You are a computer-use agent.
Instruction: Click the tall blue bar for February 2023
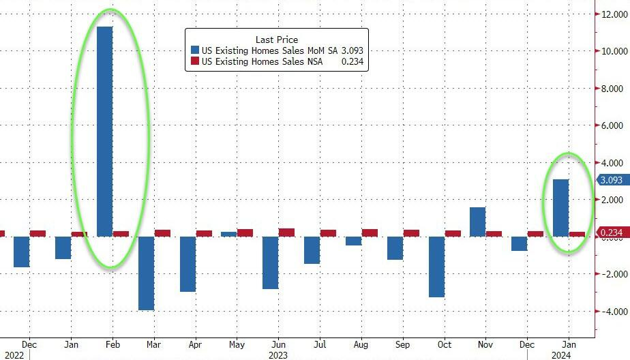105,132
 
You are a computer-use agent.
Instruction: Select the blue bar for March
147,273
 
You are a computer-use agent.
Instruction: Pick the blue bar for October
437,267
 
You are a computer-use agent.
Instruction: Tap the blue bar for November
478,222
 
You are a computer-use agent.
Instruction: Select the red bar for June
286,232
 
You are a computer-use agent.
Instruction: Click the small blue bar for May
229,235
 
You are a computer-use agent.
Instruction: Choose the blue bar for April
188,264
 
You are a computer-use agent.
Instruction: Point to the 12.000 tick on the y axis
612,14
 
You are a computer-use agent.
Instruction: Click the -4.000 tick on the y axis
612,311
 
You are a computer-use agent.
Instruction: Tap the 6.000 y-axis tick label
612,125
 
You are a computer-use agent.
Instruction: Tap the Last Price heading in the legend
276,40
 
